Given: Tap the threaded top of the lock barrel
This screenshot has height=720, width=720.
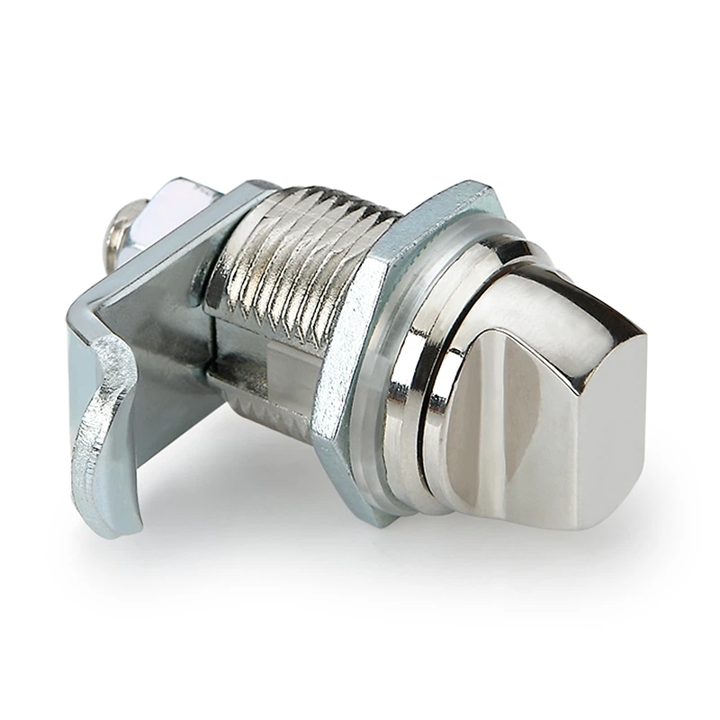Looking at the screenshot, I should coord(306,234).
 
